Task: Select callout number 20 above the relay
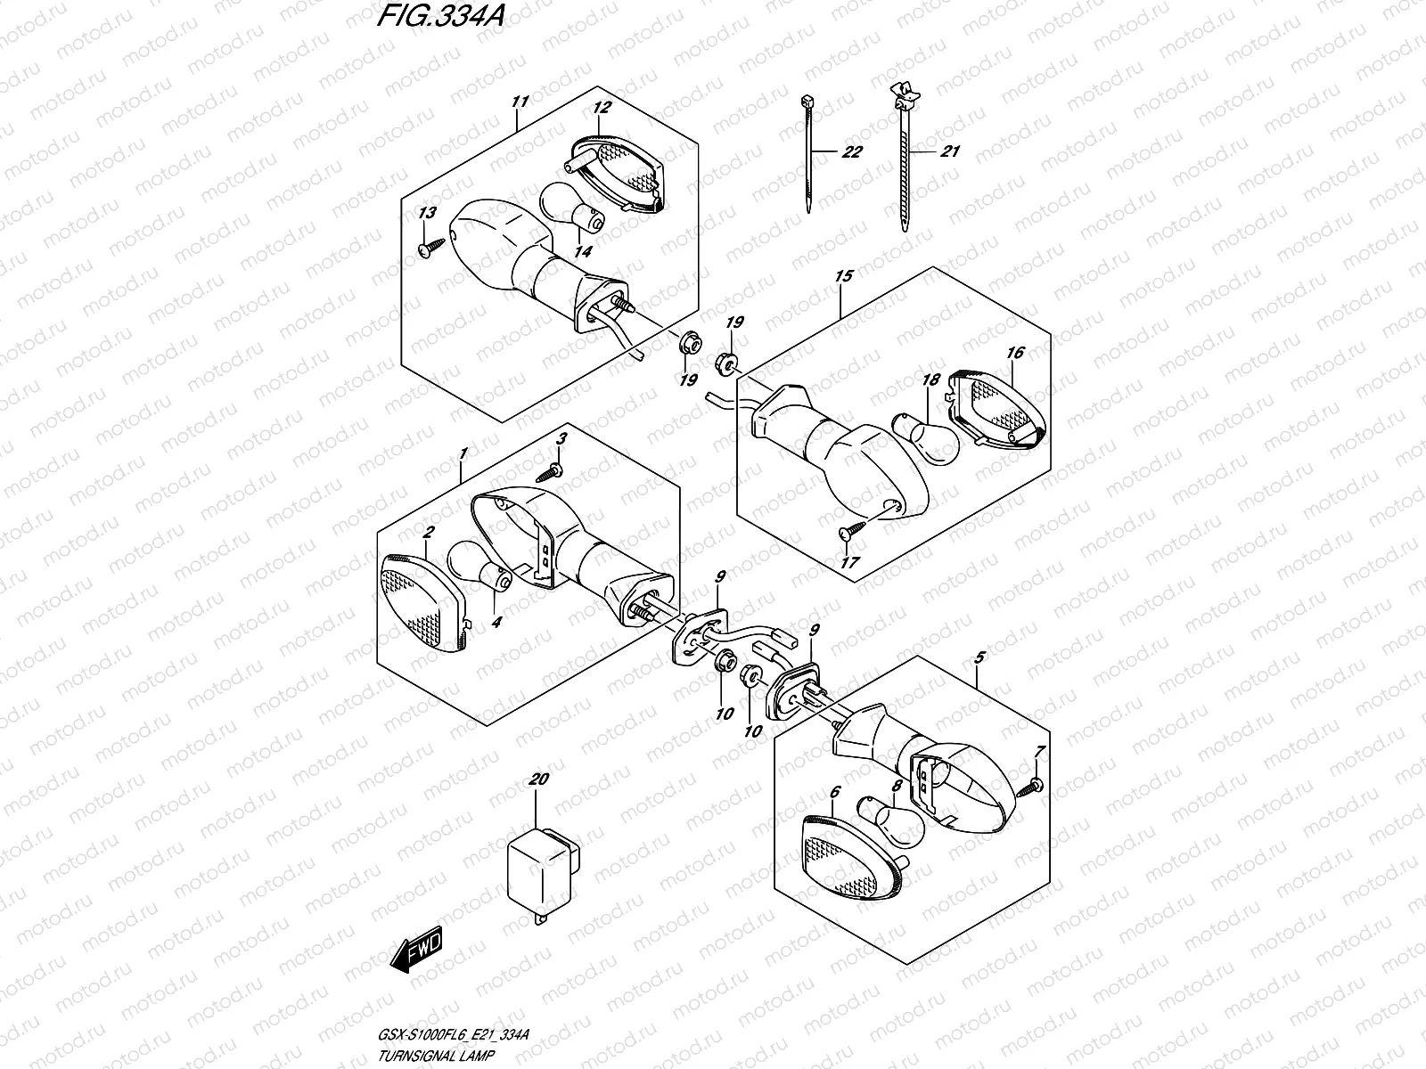click(537, 779)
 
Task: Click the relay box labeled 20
click(544, 865)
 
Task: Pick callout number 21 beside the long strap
click(950, 151)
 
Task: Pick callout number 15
click(843, 276)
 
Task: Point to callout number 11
click(520, 102)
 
